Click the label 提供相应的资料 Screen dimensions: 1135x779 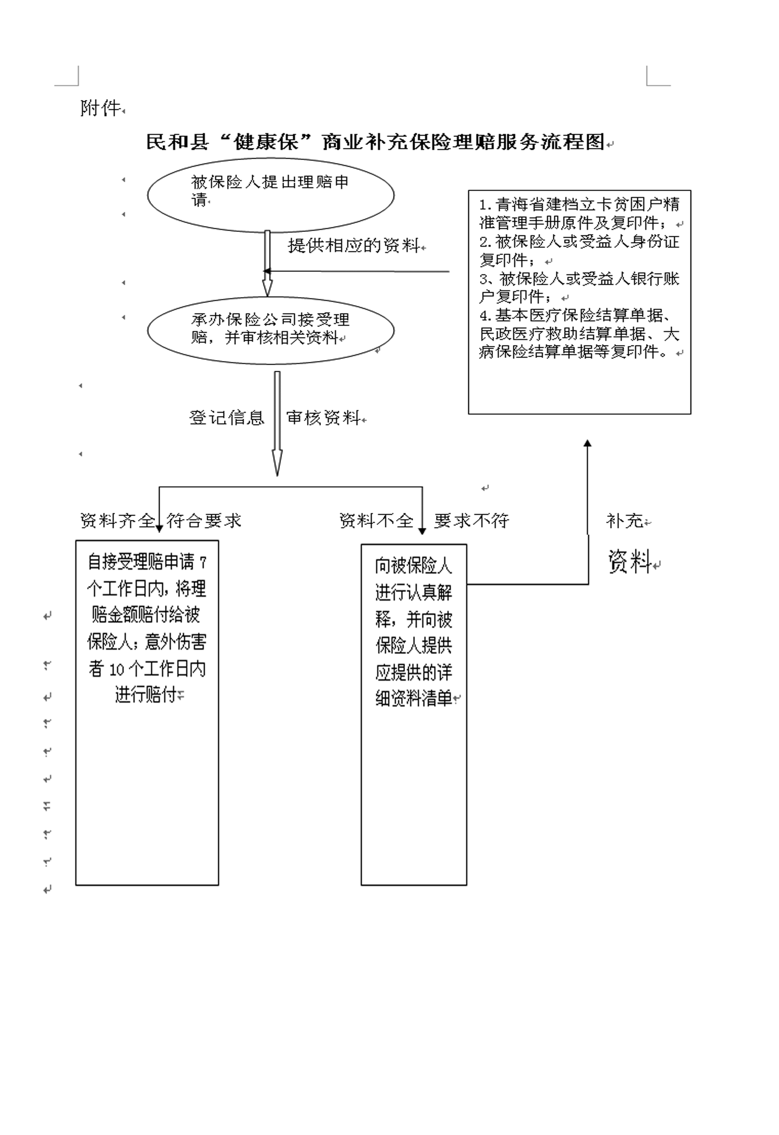[353, 245]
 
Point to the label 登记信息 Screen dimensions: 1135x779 [226, 417]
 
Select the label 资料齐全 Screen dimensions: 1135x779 [117, 521]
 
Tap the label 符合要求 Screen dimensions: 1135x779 [204, 521]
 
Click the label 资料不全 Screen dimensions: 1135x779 [376, 521]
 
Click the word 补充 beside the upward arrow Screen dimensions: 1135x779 [625, 521]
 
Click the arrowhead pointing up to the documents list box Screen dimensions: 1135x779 [588, 443]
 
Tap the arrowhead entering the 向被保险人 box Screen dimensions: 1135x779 [422, 531]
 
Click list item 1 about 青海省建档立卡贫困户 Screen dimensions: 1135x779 [579, 213]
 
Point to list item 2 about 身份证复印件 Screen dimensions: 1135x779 [579, 251]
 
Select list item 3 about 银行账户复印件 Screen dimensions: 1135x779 [579, 288]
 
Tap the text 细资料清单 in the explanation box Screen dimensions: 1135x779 [414, 699]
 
